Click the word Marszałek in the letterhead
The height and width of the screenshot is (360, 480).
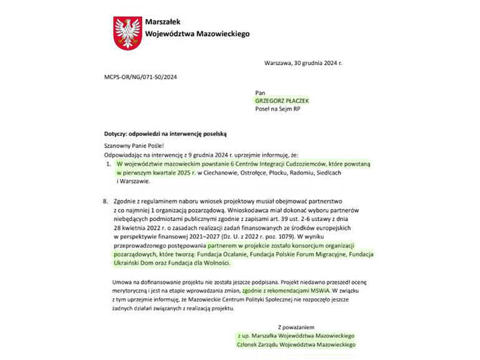tap(163, 22)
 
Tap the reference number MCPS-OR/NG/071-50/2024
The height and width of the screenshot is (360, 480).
tap(141, 77)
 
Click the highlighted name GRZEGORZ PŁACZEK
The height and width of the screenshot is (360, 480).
tap(282, 100)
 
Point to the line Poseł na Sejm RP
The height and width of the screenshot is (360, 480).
tap(277, 109)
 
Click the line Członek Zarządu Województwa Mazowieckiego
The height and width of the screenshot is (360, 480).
tap(296, 344)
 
